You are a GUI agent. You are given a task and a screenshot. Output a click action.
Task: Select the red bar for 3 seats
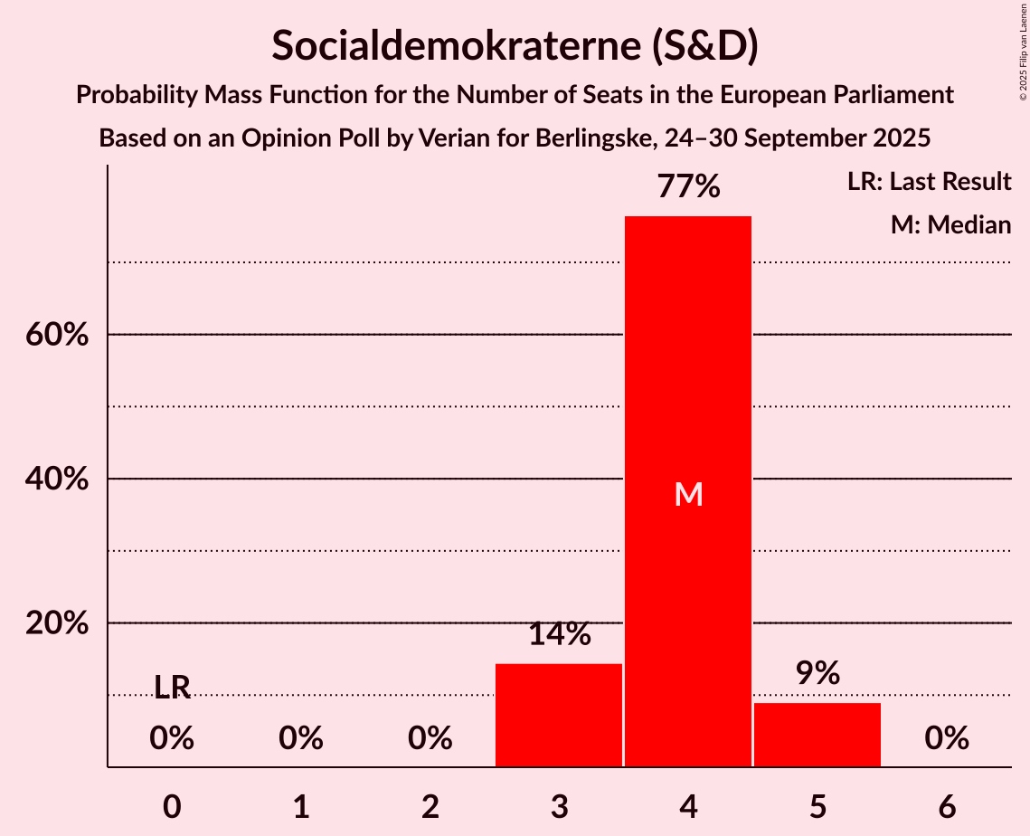pyautogui.click(x=559, y=715)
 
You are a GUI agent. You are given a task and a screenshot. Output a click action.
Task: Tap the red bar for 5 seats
pyautogui.click(x=817, y=735)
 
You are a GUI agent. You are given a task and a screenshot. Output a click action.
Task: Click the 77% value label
pyautogui.click(x=688, y=186)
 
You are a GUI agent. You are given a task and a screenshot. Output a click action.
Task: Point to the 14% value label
pyautogui.click(x=559, y=634)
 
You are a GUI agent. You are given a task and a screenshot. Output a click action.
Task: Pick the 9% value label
pyautogui.click(x=817, y=673)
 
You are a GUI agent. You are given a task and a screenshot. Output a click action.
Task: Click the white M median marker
pyautogui.click(x=688, y=494)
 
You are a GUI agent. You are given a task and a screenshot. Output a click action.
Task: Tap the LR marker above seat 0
pyautogui.click(x=172, y=689)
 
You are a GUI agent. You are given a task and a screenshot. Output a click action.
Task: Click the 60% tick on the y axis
pyautogui.click(x=56, y=335)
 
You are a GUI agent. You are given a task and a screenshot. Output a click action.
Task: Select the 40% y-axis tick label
pyautogui.click(x=56, y=479)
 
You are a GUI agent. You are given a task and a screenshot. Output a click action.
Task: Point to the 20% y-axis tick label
pyautogui.click(x=56, y=623)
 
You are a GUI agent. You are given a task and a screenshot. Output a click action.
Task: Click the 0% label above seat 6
pyautogui.click(x=947, y=739)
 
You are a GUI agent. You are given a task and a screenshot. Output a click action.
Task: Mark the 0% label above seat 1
pyautogui.click(x=301, y=739)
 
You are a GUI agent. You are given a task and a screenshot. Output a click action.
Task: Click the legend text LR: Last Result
pyautogui.click(x=929, y=182)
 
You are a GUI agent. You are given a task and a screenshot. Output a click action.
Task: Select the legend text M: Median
pyautogui.click(x=950, y=224)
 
